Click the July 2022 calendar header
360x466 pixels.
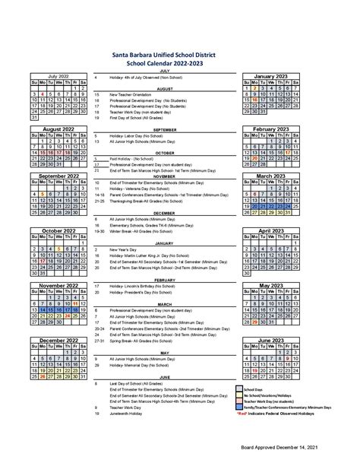point(58,77)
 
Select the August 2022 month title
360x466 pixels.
point(58,129)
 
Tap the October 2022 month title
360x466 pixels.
point(58,230)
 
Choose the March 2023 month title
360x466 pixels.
point(274,175)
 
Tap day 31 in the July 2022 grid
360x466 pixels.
point(34,118)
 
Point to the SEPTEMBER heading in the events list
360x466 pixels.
point(164,129)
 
